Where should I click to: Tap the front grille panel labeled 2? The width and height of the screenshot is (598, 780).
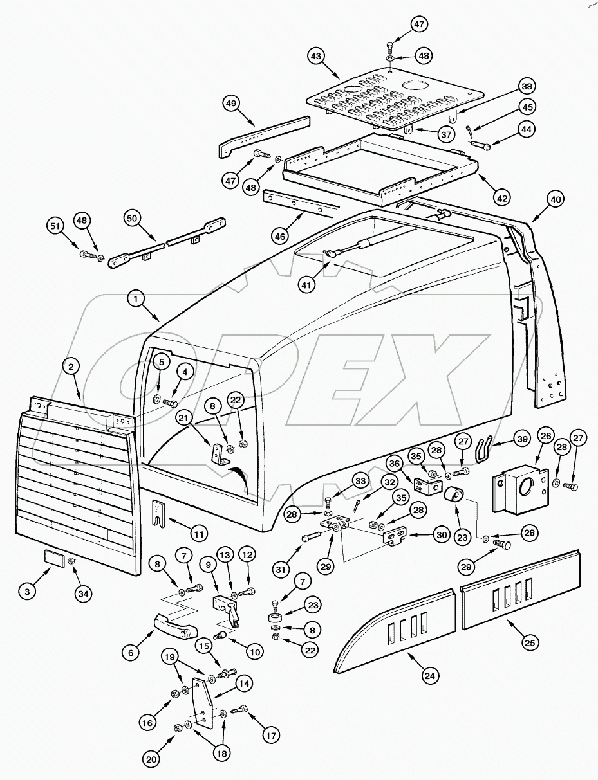click(x=77, y=489)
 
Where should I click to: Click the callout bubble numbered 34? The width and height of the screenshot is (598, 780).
click(x=83, y=593)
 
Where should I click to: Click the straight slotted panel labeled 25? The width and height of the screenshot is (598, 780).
click(x=521, y=586)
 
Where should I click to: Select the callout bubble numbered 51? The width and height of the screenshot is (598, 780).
click(x=56, y=226)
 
